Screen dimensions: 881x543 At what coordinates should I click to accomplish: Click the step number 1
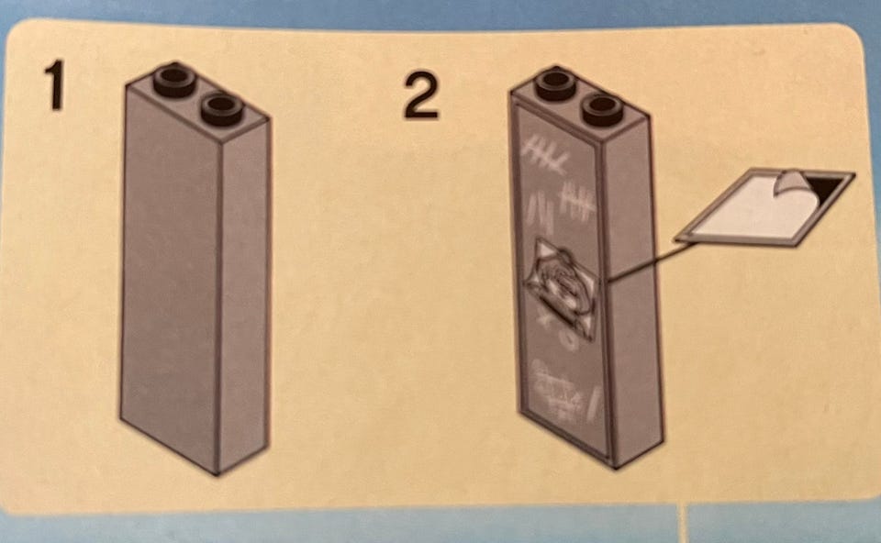coord(55,85)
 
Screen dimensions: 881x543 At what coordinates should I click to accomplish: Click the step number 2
coord(421,94)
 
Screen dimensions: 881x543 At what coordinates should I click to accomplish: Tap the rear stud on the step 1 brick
coord(174,81)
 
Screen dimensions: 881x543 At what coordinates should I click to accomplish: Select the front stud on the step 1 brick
coord(222,109)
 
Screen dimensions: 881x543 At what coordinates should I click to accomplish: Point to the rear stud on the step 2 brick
coord(556,84)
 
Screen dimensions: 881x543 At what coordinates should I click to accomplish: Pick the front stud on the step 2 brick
coord(602,110)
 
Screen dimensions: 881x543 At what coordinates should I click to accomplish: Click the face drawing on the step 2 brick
coord(560,286)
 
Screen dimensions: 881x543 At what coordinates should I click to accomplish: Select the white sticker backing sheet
coord(765,208)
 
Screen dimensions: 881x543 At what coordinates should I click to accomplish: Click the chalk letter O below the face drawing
coord(570,340)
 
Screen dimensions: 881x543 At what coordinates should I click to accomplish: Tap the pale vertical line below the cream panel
coord(684,523)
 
